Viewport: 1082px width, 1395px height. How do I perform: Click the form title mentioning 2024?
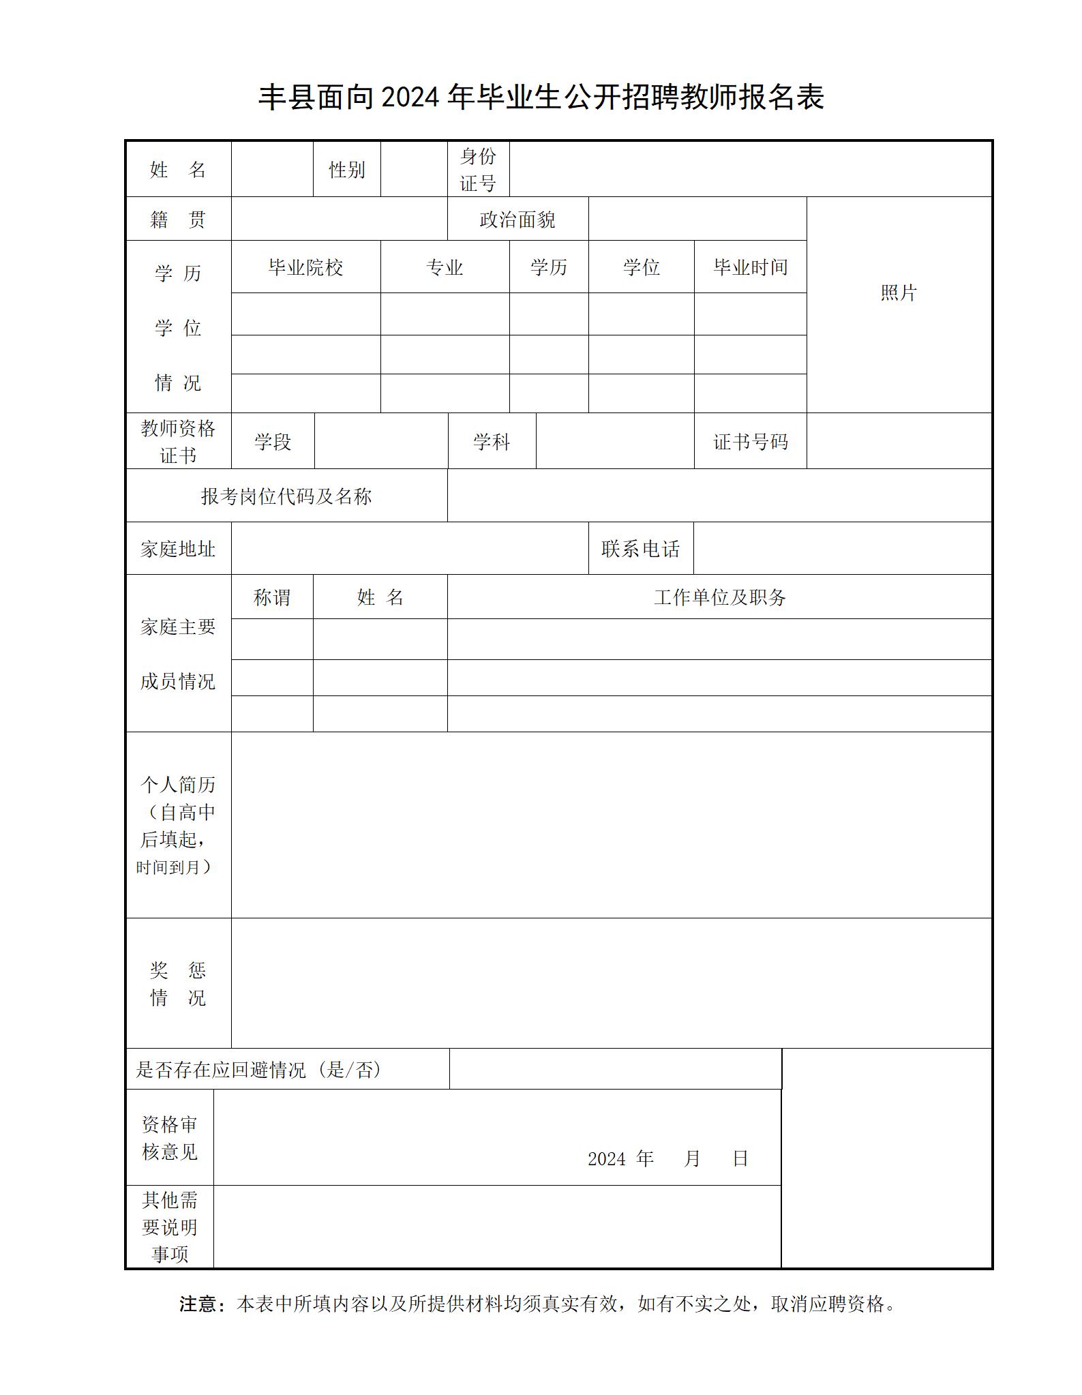(541, 97)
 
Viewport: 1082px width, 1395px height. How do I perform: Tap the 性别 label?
(347, 170)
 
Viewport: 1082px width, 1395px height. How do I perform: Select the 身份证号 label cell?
(478, 170)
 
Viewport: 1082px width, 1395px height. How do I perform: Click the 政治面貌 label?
(517, 220)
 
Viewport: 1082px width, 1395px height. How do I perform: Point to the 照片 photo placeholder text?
(899, 293)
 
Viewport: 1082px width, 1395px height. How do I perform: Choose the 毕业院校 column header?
(305, 267)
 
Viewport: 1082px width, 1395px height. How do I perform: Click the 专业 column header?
(445, 267)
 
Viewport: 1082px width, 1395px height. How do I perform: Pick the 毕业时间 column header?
(750, 267)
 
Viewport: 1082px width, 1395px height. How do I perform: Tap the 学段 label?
(273, 442)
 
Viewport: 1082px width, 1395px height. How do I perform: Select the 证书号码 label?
(750, 442)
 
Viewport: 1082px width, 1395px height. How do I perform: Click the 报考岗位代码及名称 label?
(286, 496)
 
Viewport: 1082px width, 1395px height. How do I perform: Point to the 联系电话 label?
(641, 549)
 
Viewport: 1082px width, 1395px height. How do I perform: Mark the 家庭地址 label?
(178, 549)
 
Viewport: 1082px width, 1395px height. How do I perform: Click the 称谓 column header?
(272, 598)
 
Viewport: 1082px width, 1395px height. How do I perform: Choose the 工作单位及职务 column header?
(719, 598)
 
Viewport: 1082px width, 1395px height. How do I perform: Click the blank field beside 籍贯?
(339, 220)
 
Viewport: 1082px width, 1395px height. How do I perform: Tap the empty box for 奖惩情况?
(610, 982)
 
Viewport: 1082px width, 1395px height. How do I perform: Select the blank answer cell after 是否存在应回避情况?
(615, 1069)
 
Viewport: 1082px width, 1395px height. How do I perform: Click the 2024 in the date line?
(606, 1158)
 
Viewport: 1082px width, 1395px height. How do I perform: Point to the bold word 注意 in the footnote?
(198, 1304)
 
